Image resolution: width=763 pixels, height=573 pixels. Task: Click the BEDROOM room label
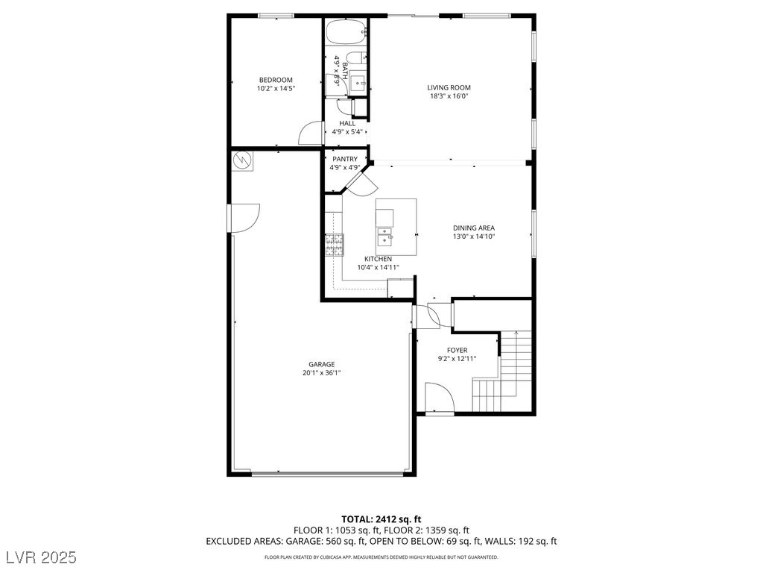(x=276, y=80)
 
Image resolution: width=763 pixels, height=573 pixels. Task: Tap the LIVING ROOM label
(x=449, y=88)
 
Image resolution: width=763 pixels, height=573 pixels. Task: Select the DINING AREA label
(x=474, y=228)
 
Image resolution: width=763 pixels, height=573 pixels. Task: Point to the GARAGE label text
(x=322, y=364)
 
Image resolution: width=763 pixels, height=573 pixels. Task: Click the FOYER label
(x=458, y=350)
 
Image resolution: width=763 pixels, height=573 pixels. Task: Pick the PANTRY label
(x=345, y=159)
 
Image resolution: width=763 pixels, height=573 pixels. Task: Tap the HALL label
(x=347, y=123)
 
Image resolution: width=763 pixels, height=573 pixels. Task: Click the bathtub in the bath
(x=345, y=32)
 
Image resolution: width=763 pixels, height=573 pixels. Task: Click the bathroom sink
(x=358, y=84)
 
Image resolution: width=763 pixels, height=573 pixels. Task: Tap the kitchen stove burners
(x=335, y=245)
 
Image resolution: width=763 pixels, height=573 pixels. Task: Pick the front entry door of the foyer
(x=440, y=398)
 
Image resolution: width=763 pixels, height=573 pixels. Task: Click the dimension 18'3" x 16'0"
(x=449, y=96)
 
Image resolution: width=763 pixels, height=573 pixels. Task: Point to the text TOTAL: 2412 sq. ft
(x=381, y=519)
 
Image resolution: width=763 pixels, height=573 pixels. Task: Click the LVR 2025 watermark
(x=42, y=557)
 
